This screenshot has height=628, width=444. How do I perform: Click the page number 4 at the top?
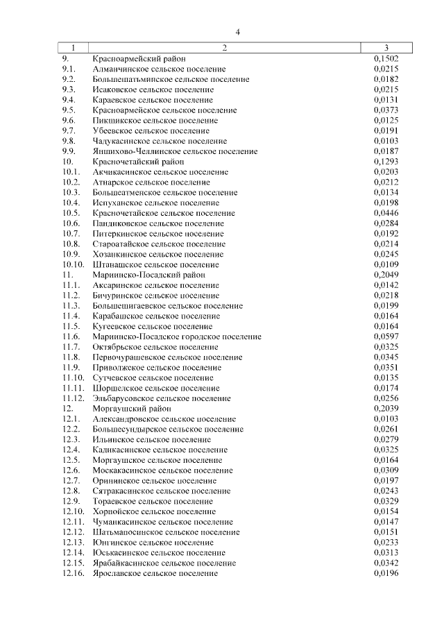238,32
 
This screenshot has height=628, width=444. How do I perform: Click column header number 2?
225,48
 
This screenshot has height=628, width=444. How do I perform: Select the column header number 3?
386,48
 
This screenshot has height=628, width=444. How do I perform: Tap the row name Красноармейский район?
139,59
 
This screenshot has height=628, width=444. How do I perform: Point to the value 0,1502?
386,59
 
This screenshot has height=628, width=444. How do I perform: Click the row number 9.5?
69,110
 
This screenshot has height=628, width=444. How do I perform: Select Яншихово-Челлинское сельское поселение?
174,151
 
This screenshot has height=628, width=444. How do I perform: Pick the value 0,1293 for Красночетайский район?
386,162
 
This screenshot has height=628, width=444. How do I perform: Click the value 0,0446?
386,213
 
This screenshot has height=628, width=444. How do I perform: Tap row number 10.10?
73,264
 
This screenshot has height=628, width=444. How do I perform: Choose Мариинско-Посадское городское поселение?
177,337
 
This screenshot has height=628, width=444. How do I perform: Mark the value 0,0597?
386,337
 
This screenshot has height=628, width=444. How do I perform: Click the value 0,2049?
386,275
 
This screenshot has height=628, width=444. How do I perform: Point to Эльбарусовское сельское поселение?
162,398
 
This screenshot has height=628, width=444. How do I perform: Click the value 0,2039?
386,409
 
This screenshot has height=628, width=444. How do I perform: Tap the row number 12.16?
73,573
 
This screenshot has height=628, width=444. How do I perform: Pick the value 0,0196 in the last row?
386,573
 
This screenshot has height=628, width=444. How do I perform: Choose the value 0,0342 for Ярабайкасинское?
386,563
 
